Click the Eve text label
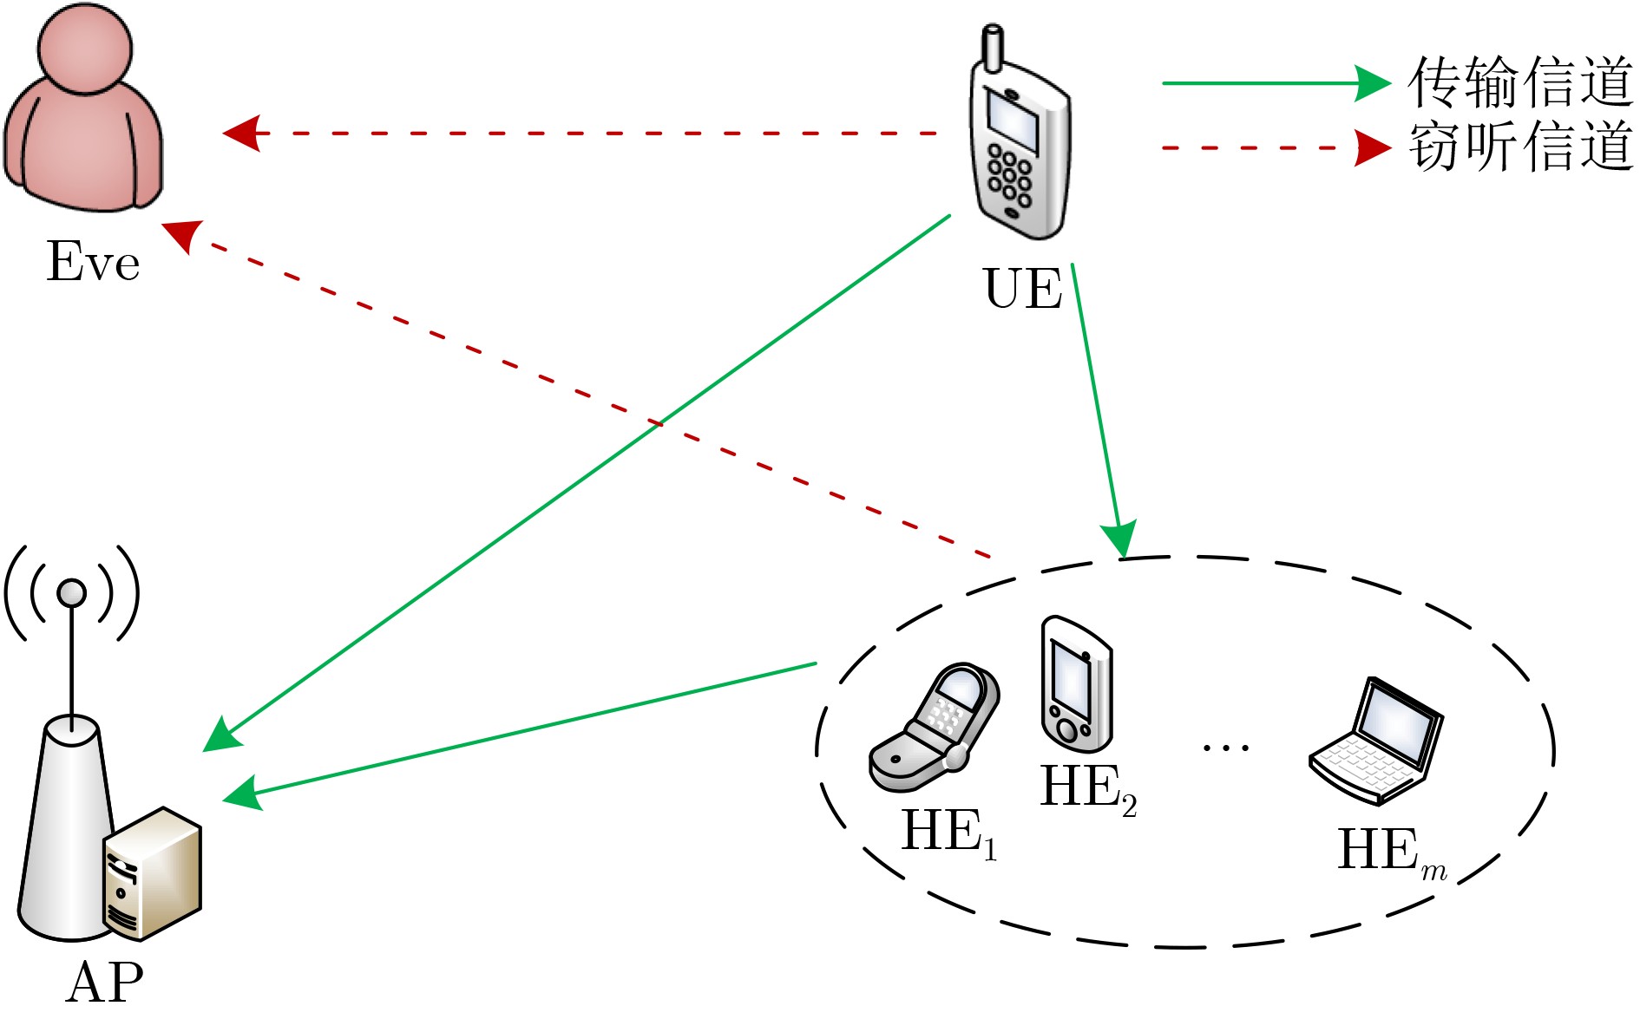click(92, 261)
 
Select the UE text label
click(1022, 289)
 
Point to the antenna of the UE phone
click(992, 48)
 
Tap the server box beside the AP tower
click(154, 873)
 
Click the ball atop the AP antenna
click(71, 593)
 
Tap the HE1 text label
click(949, 833)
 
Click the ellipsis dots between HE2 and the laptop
click(1225, 746)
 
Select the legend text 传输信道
click(1520, 82)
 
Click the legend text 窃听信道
click(1520, 147)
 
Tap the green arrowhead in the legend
click(1373, 83)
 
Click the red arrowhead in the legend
click(1373, 148)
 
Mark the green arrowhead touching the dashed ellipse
click(1120, 539)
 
